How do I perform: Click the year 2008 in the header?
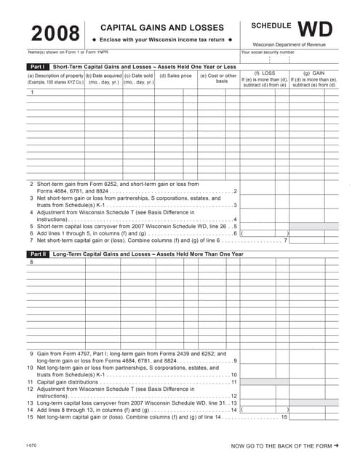(54, 33)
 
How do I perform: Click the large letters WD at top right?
(315, 29)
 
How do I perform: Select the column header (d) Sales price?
(175, 76)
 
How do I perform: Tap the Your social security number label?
(268, 52)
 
